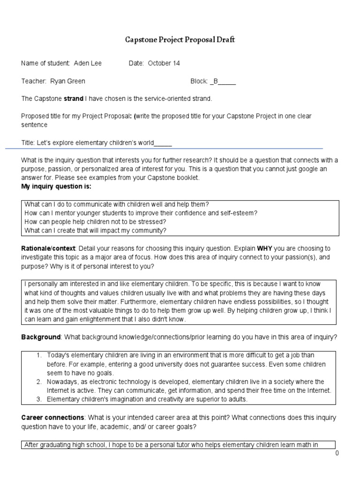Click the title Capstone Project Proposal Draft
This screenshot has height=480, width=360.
[x=180, y=40]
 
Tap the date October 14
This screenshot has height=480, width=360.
[x=164, y=63]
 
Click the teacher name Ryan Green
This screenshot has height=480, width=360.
[x=68, y=81]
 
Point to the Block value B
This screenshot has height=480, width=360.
[x=216, y=81]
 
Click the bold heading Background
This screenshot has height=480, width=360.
[x=41, y=337]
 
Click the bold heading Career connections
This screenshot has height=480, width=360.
[x=52, y=417]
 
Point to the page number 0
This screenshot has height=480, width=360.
[x=337, y=453]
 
